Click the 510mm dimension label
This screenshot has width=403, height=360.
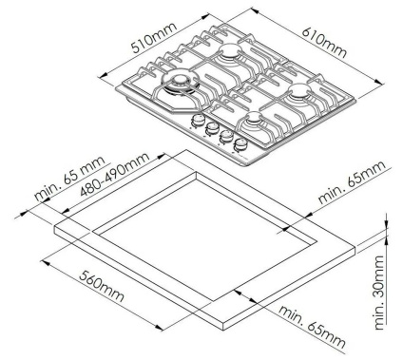154,38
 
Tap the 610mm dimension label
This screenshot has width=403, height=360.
324,43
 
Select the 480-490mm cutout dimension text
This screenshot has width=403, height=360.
115,175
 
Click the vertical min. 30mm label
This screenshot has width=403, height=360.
379,293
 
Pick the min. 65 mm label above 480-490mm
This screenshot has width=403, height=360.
69,179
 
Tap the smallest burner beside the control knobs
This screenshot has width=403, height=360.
253,118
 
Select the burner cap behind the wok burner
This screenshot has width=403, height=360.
229,50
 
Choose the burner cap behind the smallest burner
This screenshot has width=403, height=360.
298,89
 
